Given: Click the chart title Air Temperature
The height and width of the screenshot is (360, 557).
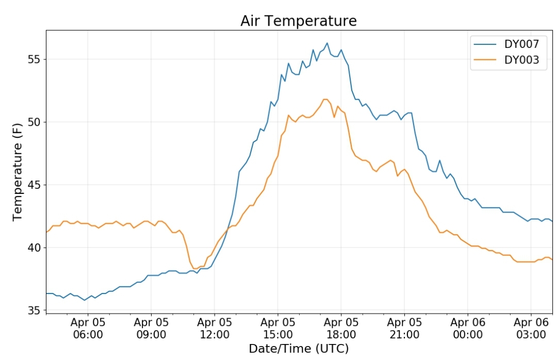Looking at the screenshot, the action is (299, 21).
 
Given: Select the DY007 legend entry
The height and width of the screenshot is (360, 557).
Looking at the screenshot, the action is (506, 44).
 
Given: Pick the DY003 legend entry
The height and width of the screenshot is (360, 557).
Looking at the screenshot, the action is (506, 60).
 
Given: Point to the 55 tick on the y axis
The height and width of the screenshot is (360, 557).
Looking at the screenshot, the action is (34, 59).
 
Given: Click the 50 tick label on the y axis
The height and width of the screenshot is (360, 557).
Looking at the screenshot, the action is (34, 122).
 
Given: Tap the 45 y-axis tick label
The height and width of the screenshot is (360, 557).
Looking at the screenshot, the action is (34, 185).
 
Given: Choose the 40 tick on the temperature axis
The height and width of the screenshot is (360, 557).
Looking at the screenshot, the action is (34, 248).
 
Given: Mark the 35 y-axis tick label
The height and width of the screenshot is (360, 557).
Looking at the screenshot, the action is (34, 310).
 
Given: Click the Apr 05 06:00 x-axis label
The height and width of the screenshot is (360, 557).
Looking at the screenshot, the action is (88, 329).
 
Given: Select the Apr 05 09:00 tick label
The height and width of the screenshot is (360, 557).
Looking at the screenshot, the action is (151, 329).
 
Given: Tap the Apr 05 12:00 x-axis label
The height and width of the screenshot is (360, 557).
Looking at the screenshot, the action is (214, 329).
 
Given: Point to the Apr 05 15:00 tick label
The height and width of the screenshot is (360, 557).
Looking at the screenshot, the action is (278, 329).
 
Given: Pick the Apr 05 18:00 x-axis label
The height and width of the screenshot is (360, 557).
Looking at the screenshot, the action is (341, 329).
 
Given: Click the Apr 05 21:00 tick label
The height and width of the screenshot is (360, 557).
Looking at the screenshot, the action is (404, 329).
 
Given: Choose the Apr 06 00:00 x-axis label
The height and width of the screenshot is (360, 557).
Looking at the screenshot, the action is (468, 329).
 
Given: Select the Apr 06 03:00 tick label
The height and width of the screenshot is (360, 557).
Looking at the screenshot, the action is (531, 329).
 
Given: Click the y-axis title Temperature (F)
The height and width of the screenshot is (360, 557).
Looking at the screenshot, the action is (18, 172).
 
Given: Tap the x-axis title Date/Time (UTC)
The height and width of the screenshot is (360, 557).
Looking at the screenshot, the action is (299, 349).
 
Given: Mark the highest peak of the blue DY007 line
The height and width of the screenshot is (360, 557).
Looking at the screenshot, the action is (327, 43).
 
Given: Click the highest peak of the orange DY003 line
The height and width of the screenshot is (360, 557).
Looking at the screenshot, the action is (325, 99).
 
